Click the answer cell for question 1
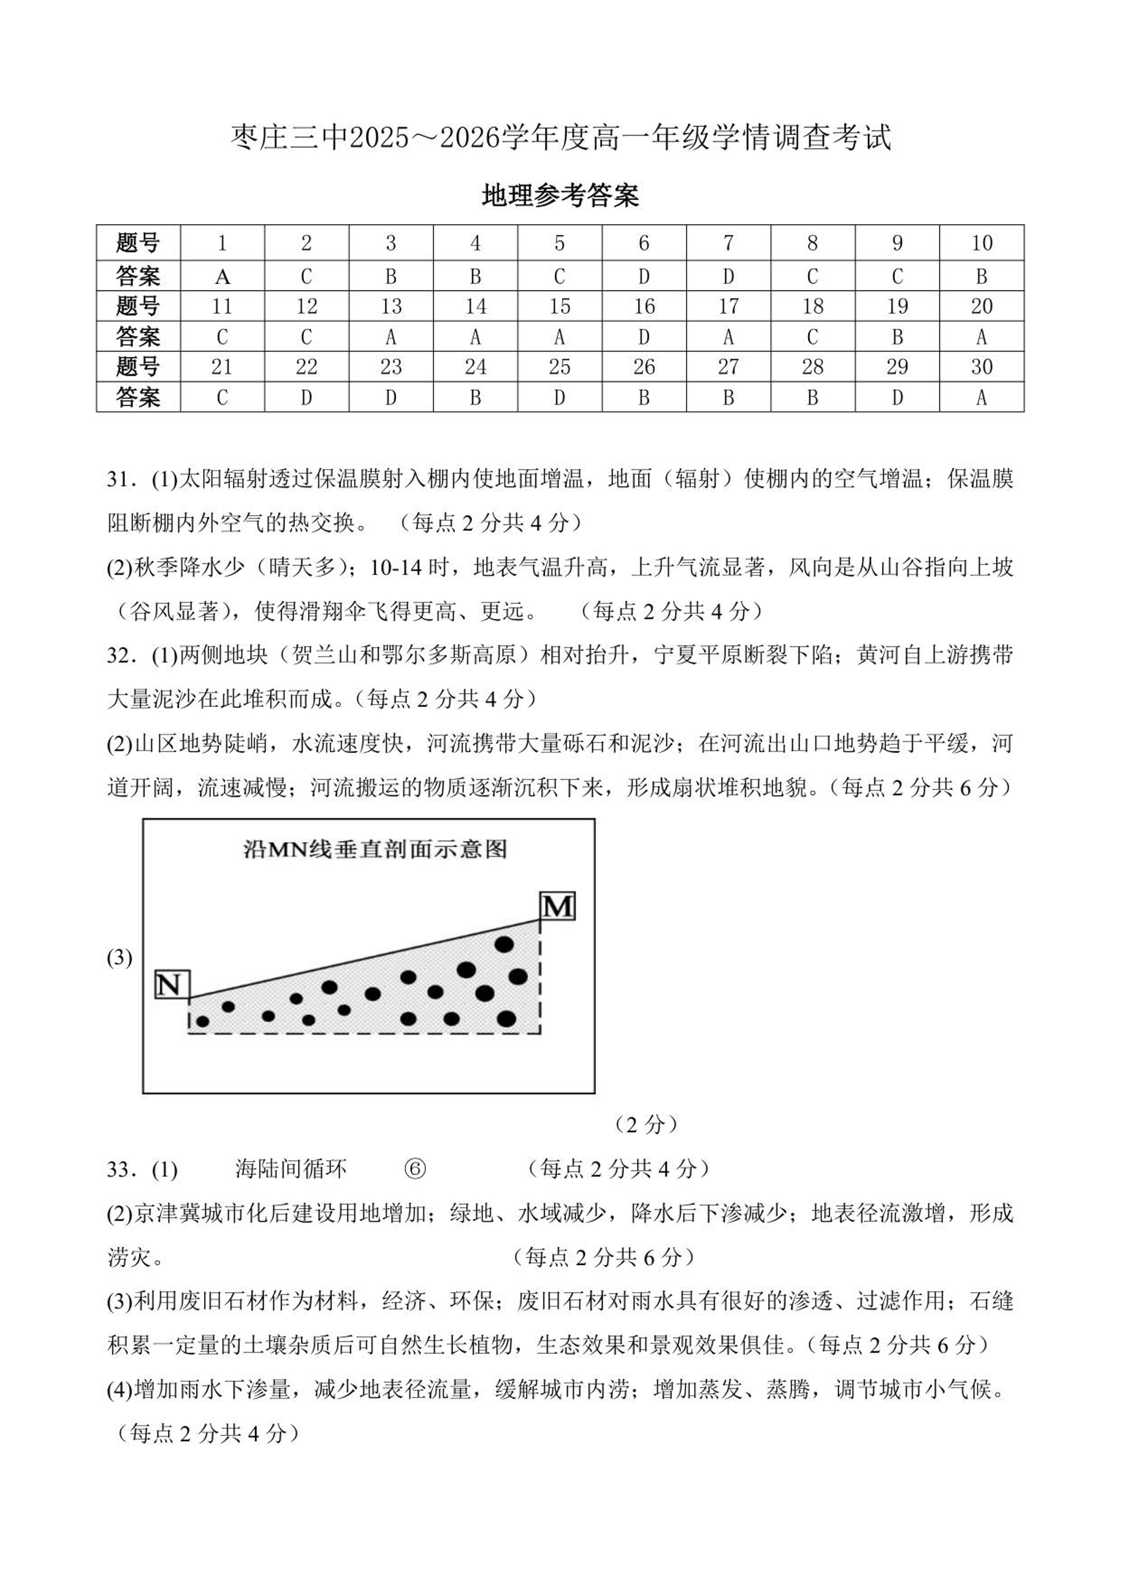click(x=222, y=276)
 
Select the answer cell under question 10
click(x=981, y=276)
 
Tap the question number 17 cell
click(x=728, y=306)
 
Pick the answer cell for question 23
click(x=390, y=398)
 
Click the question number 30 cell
click(x=981, y=367)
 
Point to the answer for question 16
click(x=644, y=337)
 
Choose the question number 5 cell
click(x=559, y=243)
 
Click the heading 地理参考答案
click(x=560, y=196)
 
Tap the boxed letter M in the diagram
click(x=557, y=906)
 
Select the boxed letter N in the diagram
click(x=172, y=984)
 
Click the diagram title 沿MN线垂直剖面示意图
click(x=375, y=849)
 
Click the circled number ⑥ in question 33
click(x=414, y=1169)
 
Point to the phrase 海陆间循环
click(x=290, y=1169)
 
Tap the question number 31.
click(x=119, y=479)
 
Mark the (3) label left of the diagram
click(x=119, y=958)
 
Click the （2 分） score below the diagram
click(x=646, y=1125)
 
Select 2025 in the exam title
click(x=379, y=138)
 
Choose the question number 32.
click(x=119, y=655)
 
